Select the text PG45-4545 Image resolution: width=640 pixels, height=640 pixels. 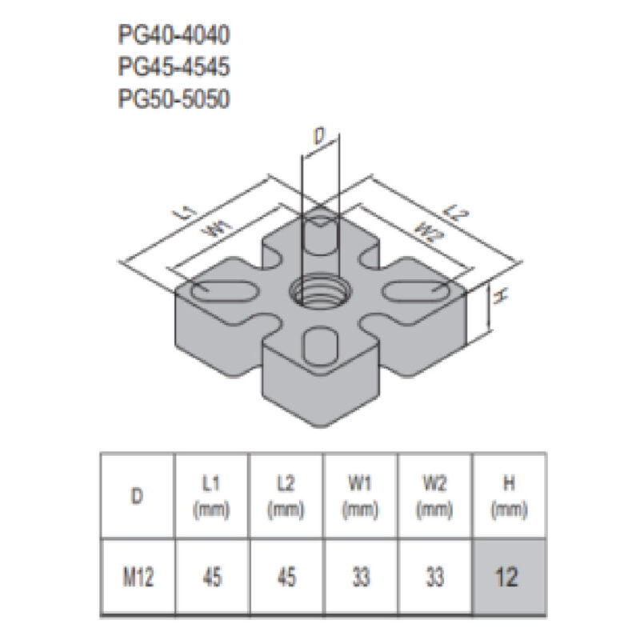(174, 67)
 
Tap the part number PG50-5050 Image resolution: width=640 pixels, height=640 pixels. (174, 98)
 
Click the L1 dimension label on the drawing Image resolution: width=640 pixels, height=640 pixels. (186, 212)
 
